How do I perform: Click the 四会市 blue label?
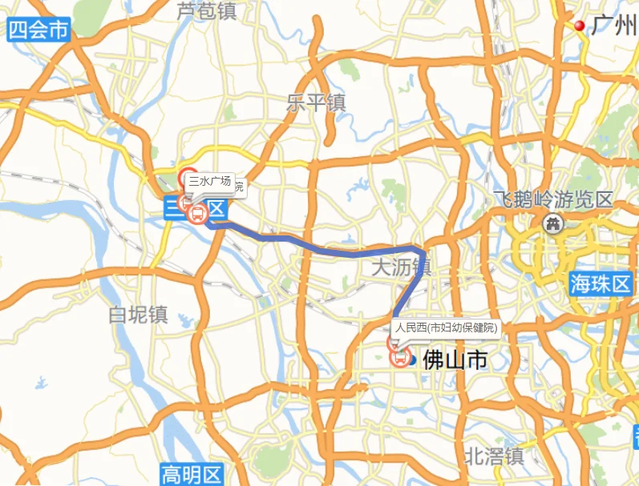tap(38, 30)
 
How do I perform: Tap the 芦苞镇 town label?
tap(207, 11)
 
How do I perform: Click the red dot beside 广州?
tap(580, 26)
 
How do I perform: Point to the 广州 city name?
tap(613, 26)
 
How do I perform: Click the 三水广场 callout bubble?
tap(210, 182)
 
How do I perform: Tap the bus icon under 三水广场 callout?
tap(196, 214)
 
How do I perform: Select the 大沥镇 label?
tap(402, 266)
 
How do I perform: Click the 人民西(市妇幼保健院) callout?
tap(446, 327)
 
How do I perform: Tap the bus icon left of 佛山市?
tap(400, 358)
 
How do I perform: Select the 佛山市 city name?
tap(455, 359)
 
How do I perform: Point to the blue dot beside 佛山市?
tap(412, 359)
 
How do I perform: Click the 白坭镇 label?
tap(138, 314)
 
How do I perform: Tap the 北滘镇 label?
tap(495, 456)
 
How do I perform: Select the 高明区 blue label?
tap(191, 474)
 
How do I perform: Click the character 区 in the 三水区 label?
tap(216, 210)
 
